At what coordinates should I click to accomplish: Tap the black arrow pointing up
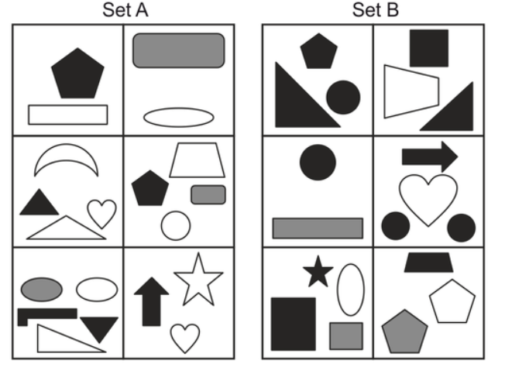coord(151,300)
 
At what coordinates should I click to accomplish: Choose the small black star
coord(317,272)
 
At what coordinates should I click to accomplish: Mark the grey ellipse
coord(42,289)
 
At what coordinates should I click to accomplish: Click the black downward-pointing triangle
coord(99,328)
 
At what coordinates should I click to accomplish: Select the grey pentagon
coord(404,331)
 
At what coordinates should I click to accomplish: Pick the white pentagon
coord(452,303)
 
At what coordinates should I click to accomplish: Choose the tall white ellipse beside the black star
coord(350,290)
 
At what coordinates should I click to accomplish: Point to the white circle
coord(176,225)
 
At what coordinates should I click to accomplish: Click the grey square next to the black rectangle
coord(346,336)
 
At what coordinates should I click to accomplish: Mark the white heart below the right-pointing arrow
coord(428,198)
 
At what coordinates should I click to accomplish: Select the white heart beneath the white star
coord(185,338)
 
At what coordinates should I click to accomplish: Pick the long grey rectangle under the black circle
coord(318,228)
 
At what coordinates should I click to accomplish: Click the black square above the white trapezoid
coord(429,48)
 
